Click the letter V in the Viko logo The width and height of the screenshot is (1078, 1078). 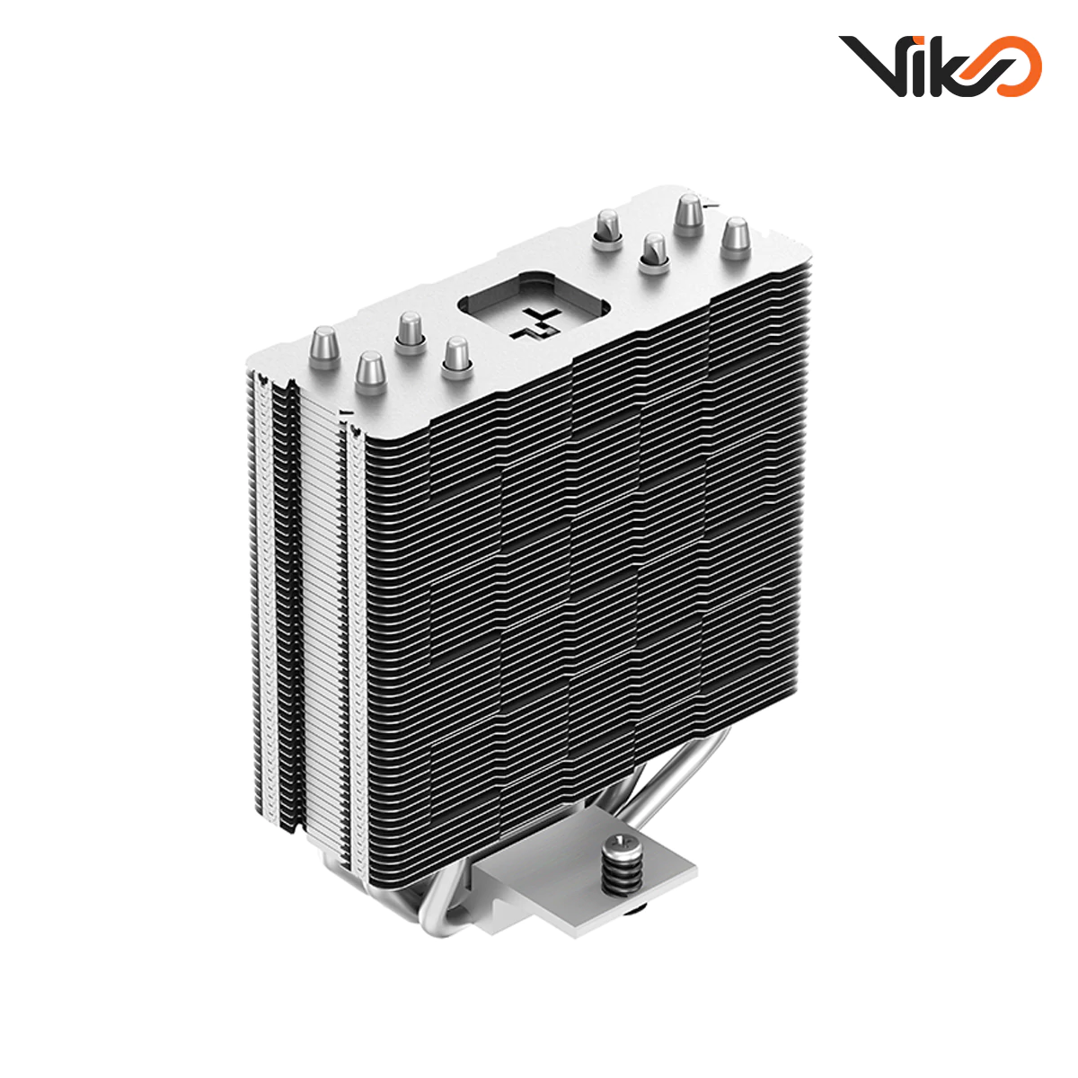point(869,65)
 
